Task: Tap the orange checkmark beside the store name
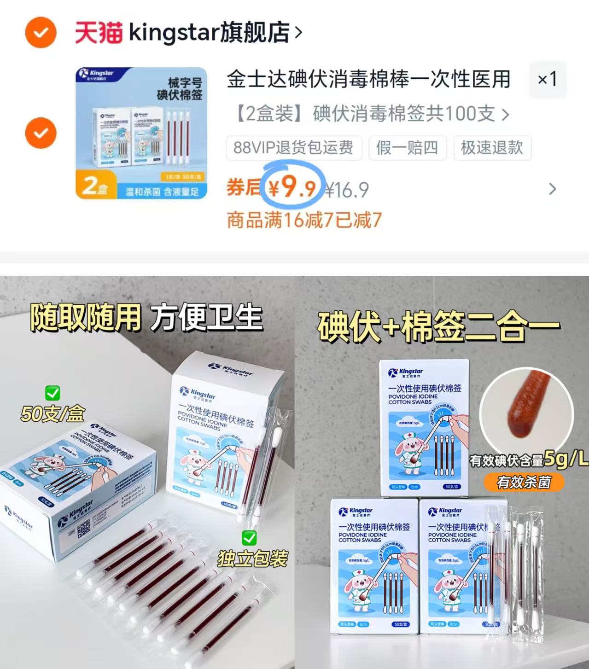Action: (41, 32)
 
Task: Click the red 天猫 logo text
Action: (99, 33)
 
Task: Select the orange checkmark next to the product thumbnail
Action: (41, 133)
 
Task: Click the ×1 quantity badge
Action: (547, 80)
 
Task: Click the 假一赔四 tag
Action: (407, 148)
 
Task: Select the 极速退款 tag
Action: (492, 148)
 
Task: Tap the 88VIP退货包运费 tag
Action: (293, 148)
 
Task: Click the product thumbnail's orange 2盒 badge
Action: (94, 185)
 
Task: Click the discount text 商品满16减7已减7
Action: (304, 220)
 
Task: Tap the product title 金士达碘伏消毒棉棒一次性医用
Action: (368, 80)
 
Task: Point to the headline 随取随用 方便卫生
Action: (146, 318)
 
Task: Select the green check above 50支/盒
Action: (52, 393)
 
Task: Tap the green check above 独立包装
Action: (249, 537)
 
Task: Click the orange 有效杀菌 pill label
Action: (524, 482)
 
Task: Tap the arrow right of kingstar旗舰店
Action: (298, 33)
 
